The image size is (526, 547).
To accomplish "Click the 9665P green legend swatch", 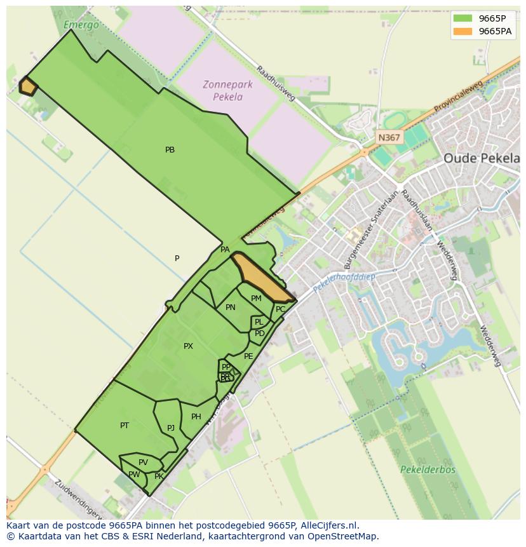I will (x=462, y=18).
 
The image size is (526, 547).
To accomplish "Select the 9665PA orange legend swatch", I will (x=462, y=31).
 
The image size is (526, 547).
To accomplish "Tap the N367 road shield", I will (x=389, y=137).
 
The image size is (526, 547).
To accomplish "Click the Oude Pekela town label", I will (x=481, y=158).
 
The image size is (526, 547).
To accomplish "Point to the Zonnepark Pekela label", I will (x=227, y=90).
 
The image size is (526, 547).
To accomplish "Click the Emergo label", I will (x=81, y=25).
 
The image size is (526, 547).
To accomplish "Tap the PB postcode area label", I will (x=170, y=150).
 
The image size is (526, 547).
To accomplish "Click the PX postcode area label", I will (x=188, y=346).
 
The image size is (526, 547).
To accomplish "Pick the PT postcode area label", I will (x=125, y=425).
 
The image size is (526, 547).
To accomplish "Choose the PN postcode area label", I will (x=231, y=307).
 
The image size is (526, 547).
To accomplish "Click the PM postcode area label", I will (x=256, y=299).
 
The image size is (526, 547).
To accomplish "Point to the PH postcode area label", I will (x=196, y=417).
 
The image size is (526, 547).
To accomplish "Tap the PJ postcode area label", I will (x=171, y=428).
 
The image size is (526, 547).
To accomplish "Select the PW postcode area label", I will (x=134, y=475).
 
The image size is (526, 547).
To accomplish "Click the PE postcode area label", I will (x=248, y=356).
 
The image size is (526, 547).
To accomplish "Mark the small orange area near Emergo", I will (x=27, y=86).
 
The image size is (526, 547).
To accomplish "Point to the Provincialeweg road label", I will (x=458, y=97).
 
